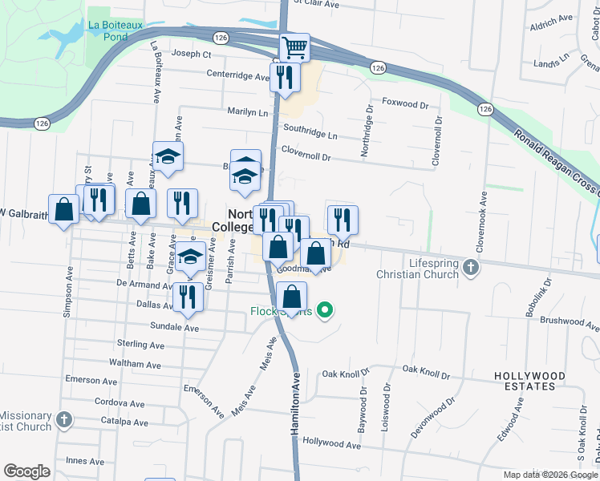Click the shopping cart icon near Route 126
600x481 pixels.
tap(294, 48)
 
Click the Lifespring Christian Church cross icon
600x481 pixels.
tap(471, 267)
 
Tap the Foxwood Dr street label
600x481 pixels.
tap(406, 103)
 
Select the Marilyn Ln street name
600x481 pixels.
tap(247, 112)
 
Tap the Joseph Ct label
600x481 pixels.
tap(192, 55)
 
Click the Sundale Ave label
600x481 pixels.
tap(174, 327)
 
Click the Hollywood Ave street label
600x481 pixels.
tap(332, 443)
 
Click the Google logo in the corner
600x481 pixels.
tap(26, 471)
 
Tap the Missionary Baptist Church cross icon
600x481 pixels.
tap(64, 418)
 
